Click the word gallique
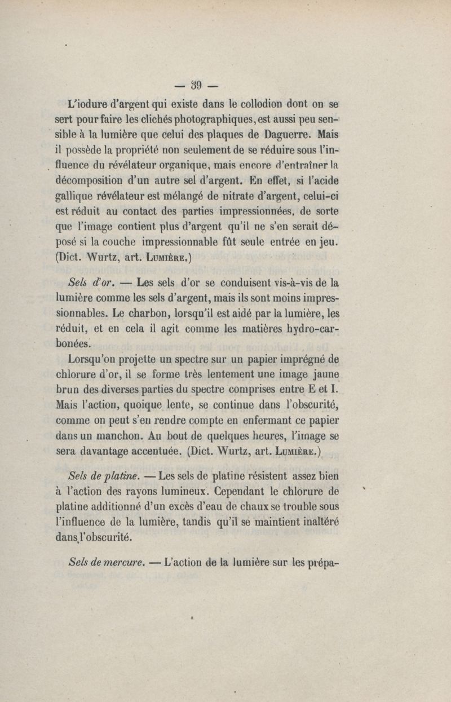[90, 196]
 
